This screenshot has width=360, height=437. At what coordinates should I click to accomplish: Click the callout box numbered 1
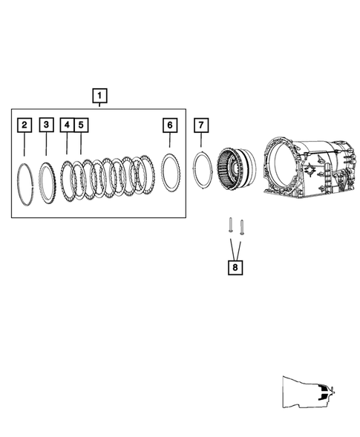click(99, 95)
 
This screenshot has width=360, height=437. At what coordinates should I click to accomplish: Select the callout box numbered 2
click(25, 125)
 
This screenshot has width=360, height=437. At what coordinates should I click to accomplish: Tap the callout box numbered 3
click(47, 125)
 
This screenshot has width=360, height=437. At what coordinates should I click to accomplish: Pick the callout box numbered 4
click(67, 125)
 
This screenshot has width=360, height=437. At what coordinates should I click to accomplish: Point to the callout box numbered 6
click(169, 125)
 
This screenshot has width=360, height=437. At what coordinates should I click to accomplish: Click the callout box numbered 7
click(201, 125)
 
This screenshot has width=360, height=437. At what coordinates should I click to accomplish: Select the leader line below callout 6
click(169, 141)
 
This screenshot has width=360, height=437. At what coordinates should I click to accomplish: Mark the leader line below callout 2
click(25, 145)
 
